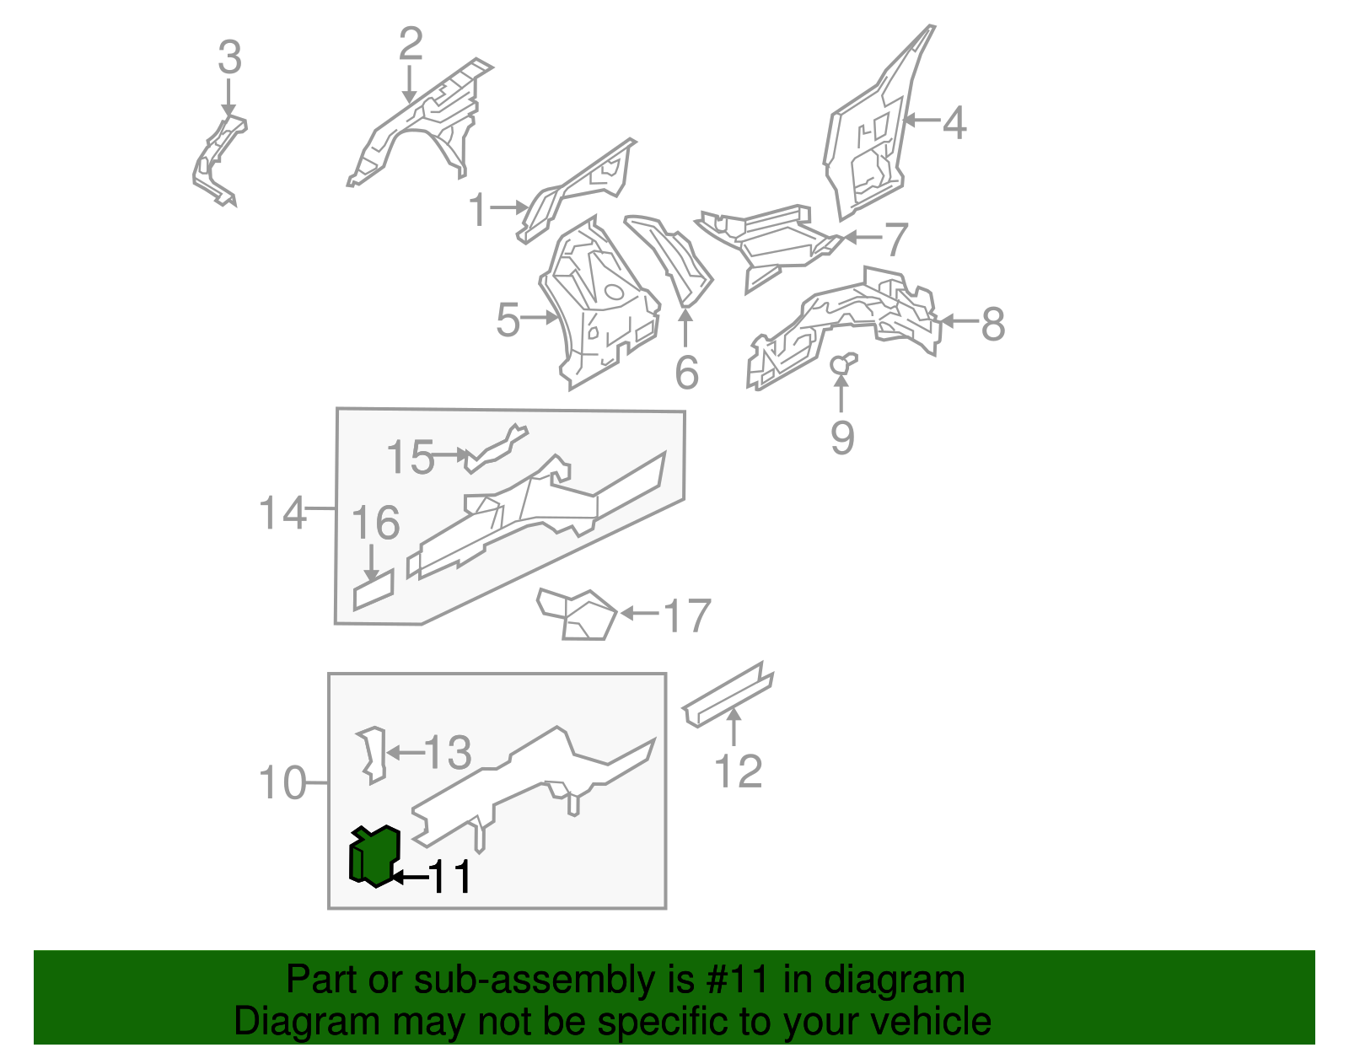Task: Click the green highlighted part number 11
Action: coord(374,857)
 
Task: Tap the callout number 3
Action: coord(229,59)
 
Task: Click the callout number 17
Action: coord(687,616)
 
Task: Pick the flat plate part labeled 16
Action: coord(374,589)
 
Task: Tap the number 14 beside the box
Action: coord(282,513)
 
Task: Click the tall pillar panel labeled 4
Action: coord(873,135)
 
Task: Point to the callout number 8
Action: coord(993,324)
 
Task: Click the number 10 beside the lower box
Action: coord(282,783)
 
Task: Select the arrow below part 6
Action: coord(685,329)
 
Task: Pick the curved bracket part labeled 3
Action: coord(218,160)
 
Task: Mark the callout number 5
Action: coord(508,320)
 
